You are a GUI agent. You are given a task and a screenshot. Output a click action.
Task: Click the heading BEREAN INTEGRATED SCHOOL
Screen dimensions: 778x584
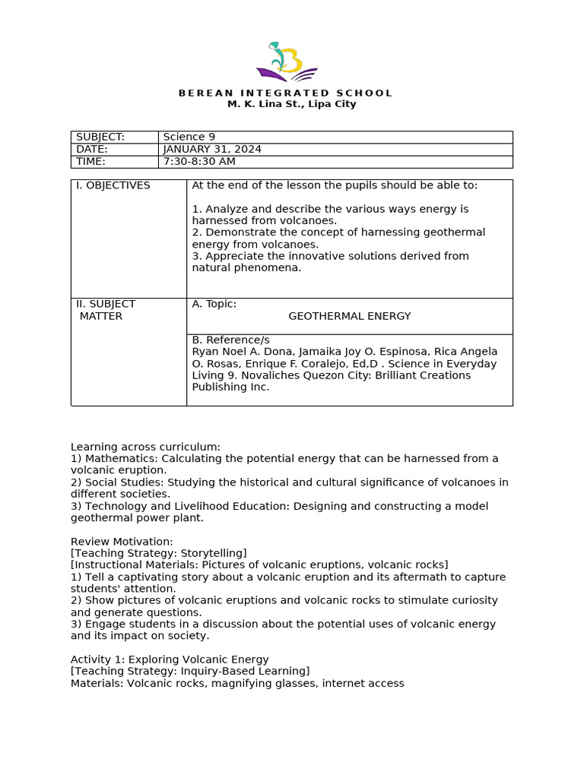pyautogui.click(x=285, y=93)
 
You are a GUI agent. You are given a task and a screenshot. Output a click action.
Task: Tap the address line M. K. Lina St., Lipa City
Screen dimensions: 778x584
pyautogui.click(x=292, y=104)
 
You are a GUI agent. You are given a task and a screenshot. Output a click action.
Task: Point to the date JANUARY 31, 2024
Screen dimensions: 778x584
pyautogui.click(x=212, y=149)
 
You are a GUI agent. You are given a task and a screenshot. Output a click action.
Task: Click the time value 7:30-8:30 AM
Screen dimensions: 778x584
pyautogui.click(x=199, y=161)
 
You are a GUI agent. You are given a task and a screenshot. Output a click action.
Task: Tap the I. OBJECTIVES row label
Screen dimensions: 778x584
pyautogui.click(x=113, y=185)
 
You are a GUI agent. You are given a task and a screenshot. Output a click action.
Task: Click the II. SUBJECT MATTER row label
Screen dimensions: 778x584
pyautogui.click(x=106, y=310)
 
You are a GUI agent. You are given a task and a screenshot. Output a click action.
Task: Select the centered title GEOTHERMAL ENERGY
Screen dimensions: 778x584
pyautogui.click(x=349, y=316)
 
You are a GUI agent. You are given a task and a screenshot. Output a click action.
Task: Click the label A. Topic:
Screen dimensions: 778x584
pyautogui.click(x=214, y=304)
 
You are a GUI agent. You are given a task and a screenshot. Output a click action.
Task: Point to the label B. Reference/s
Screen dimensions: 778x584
pyautogui.click(x=230, y=340)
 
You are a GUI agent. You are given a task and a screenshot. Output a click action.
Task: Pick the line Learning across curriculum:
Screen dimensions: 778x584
pyautogui.click(x=145, y=447)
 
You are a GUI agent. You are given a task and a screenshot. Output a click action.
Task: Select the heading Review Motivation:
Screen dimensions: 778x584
pyautogui.click(x=122, y=541)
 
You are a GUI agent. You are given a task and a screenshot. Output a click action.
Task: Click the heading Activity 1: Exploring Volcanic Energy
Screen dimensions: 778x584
pyautogui.click(x=170, y=659)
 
